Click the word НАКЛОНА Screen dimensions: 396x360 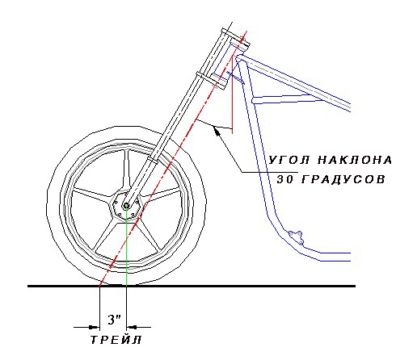click(x=355, y=160)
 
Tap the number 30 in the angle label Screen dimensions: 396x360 click(x=285, y=179)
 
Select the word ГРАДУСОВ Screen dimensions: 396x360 click(x=343, y=179)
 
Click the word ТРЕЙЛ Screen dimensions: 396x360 click(x=116, y=340)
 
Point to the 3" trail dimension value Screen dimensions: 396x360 click(x=114, y=320)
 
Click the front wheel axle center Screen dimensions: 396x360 click(x=126, y=206)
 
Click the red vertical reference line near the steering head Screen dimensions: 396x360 click(x=232, y=94)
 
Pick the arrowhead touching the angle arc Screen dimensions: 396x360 click(x=217, y=131)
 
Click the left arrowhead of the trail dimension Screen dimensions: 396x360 click(x=95, y=327)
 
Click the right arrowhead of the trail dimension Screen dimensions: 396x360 click(x=132, y=327)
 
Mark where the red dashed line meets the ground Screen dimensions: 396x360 click(x=99, y=286)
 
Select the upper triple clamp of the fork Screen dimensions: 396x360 click(x=236, y=40)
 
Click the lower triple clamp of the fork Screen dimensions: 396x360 click(x=211, y=80)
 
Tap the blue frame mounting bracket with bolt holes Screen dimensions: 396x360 click(x=296, y=237)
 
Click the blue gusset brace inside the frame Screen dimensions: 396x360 click(x=288, y=98)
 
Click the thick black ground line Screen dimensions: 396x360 click(x=192, y=286)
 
